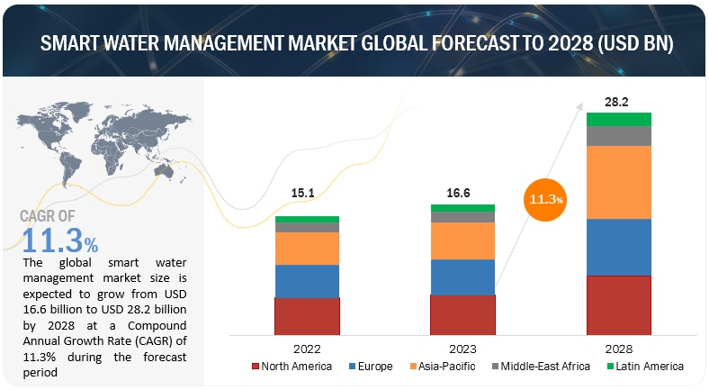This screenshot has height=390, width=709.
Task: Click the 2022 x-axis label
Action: pos(307,348)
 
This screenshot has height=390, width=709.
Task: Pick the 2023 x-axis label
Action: pos(462,348)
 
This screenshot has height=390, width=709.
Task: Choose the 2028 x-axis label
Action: pos(618,348)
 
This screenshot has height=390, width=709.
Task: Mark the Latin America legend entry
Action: pos(644,367)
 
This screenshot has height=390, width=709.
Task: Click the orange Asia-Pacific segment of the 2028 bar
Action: pos(618,182)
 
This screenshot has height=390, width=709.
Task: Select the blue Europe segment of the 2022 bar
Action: pos(307,281)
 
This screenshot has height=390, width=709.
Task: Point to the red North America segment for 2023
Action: pos(462,314)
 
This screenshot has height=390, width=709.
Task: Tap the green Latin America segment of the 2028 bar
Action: pos(618,119)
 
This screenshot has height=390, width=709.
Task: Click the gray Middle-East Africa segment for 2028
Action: pos(618,135)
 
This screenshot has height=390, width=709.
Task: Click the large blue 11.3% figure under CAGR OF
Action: pos(58,240)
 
